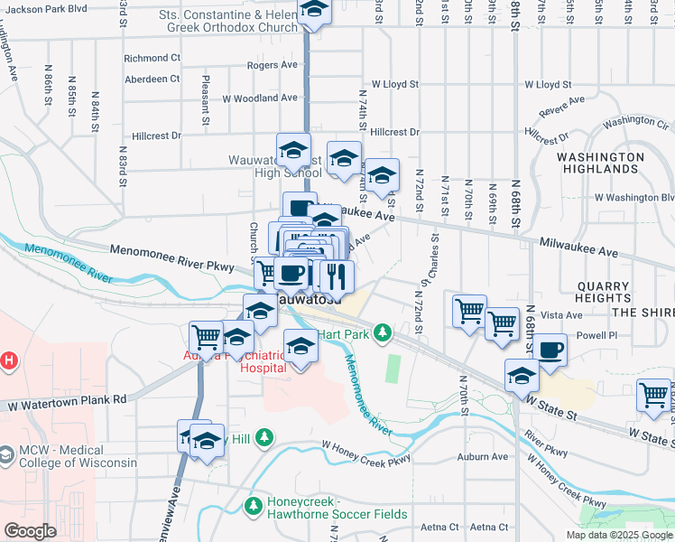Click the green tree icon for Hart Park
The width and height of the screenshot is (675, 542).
pos(383,333)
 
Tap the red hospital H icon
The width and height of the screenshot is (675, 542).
pos(8,361)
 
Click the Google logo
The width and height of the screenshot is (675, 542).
pos(30,531)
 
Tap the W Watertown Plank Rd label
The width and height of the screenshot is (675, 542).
pos(62,399)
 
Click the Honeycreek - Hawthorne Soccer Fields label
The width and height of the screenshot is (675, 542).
pos(337,508)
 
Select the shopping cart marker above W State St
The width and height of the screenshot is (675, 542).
pos(653,395)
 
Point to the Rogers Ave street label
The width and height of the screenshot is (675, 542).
pos(272,66)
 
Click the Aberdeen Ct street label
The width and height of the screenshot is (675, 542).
pos(153,79)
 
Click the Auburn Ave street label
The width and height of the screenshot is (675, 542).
pos(482,457)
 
